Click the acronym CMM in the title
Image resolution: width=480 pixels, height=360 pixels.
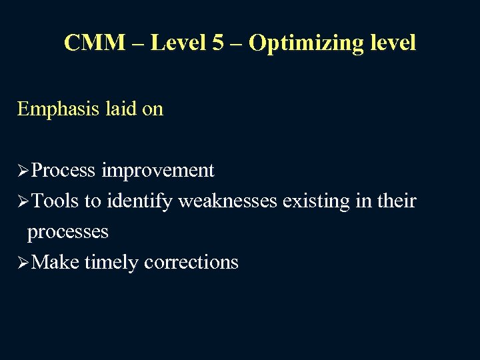[94, 43]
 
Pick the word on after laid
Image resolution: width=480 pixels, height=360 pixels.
[153, 108]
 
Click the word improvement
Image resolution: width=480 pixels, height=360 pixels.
[158, 171]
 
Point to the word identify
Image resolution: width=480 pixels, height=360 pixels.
[139, 201]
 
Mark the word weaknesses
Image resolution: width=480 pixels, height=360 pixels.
[227, 201]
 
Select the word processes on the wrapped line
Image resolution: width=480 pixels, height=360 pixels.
[67, 233]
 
